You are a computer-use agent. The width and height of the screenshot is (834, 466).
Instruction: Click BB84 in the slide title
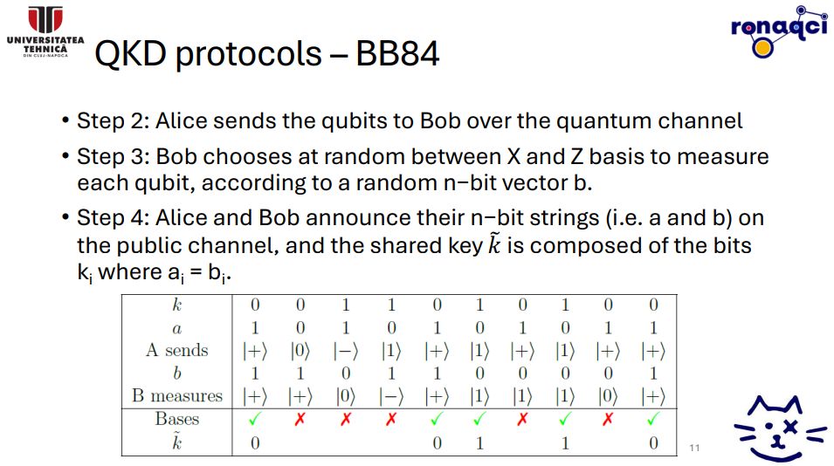pyautogui.click(x=397, y=53)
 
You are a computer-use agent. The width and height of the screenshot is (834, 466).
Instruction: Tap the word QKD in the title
pyautogui.click(x=130, y=53)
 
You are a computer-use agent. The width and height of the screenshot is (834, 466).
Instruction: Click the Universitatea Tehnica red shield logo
pyautogui.click(x=45, y=20)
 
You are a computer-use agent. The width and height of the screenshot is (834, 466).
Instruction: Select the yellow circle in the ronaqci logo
pyautogui.click(x=762, y=48)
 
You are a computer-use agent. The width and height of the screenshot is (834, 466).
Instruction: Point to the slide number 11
pyautogui.click(x=694, y=448)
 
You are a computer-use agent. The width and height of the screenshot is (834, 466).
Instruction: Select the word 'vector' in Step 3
pyautogui.click(x=534, y=182)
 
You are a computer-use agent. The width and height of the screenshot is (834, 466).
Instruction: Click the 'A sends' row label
pyautogui.click(x=177, y=350)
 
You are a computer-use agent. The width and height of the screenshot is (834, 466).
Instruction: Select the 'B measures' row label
pyautogui.click(x=177, y=396)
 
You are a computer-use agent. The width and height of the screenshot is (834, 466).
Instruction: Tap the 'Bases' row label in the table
pyautogui.click(x=177, y=419)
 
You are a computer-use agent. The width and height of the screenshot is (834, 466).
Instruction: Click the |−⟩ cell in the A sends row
pyautogui.click(x=346, y=351)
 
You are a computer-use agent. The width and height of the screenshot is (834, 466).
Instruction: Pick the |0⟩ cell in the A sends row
pyautogui.click(x=300, y=351)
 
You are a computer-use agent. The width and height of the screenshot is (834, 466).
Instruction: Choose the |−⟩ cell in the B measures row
pyautogui.click(x=391, y=396)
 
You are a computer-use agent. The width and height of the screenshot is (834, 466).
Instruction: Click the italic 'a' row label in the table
pyautogui.click(x=177, y=329)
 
